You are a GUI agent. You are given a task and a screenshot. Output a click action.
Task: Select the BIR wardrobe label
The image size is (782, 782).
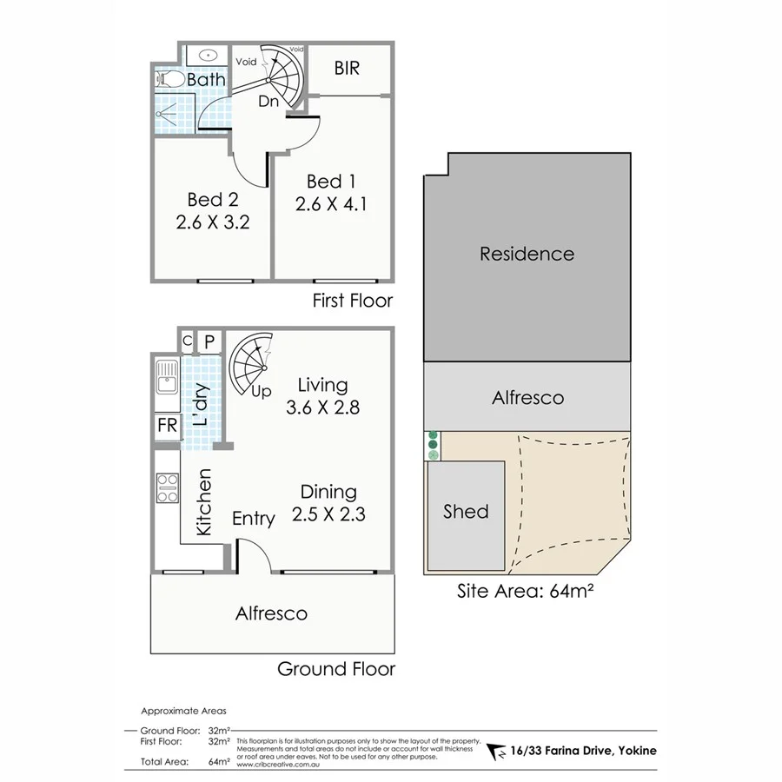point(346,69)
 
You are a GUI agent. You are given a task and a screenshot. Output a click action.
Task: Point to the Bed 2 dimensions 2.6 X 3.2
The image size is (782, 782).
point(213,222)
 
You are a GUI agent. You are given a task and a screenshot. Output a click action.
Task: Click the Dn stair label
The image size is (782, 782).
point(268,101)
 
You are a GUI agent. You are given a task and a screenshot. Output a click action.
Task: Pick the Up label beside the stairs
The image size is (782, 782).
point(261,391)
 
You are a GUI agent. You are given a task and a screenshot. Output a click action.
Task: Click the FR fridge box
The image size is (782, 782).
point(166,426)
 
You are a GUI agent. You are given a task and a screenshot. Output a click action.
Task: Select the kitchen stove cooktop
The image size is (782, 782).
point(166,489)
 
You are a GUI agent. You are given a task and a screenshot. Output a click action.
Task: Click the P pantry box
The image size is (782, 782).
point(209,341)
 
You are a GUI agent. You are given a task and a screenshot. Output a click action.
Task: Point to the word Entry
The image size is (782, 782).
point(254,519)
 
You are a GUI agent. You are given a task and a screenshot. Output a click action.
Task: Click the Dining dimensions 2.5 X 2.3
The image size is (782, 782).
point(328,514)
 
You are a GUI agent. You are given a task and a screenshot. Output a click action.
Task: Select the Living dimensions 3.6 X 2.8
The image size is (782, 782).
point(322,406)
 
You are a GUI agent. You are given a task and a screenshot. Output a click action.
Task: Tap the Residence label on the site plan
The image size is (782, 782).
point(527,254)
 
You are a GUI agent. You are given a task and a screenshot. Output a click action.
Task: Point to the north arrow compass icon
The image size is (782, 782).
point(496,751)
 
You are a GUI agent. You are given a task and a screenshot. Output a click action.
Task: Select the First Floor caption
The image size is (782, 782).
point(353,301)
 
